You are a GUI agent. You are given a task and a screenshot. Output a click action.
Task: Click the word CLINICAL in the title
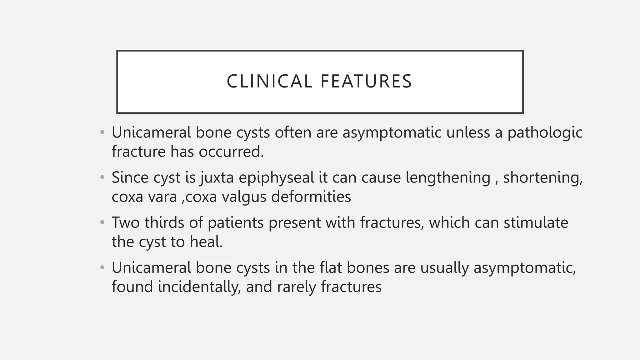pyautogui.click(x=269, y=82)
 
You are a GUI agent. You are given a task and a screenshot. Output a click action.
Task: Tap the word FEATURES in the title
pyautogui.click(x=366, y=82)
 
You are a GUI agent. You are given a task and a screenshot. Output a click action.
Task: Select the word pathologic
pyautogui.click(x=545, y=132)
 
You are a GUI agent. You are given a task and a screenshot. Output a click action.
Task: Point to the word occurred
pyautogui.click(x=231, y=152)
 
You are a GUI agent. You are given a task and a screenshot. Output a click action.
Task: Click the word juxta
pyautogui.click(x=217, y=177)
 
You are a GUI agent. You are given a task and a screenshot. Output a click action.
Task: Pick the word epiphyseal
pyautogui.click(x=276, y=177)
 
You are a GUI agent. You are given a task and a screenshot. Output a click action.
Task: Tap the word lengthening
pyautogui.click(x=448, y=177)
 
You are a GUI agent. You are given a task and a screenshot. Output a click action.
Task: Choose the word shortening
pyautogui.click(x=543, y=177)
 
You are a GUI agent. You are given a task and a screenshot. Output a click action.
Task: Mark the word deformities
pyautogui.click(x=311, y=197)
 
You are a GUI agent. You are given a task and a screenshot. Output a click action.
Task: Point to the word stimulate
pyautogui.click(x=536, y=223)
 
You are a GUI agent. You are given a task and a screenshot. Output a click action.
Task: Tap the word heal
pyautogui.click(x=206, y=242)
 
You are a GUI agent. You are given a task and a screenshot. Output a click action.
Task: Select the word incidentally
pyautogui.click(x=199, y=287)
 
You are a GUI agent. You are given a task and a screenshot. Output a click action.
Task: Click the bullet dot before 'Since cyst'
pyautogui.click(x=102, y=177)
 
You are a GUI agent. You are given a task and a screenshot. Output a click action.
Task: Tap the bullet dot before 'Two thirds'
pyautogui.click(x=102, y=223)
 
